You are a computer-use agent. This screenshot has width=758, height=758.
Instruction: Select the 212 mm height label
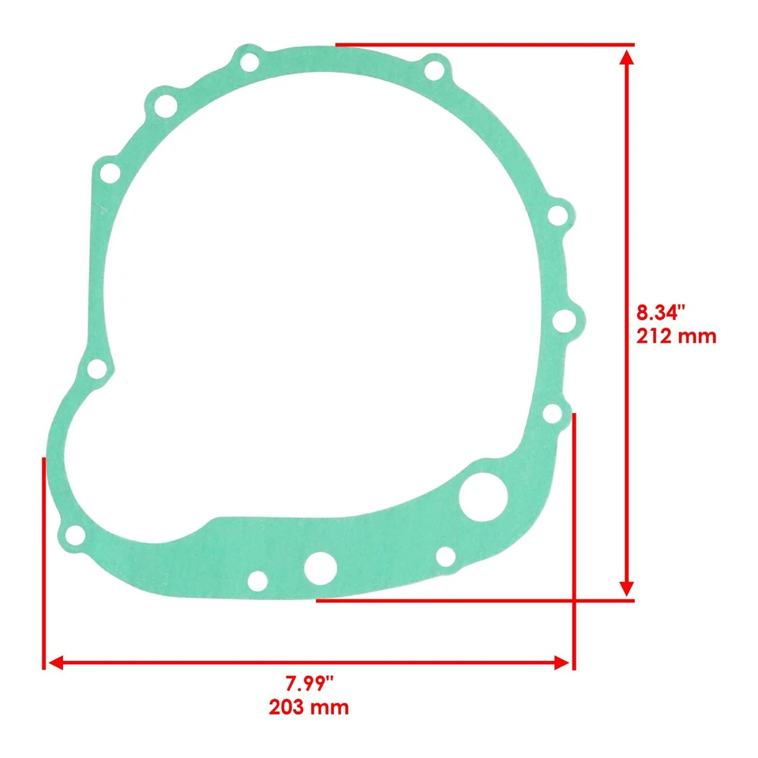click(x=676, y=336)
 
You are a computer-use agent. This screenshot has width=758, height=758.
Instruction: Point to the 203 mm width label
click(x=308, y=706)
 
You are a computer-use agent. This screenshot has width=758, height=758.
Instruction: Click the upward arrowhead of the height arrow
click(x=626, y=57)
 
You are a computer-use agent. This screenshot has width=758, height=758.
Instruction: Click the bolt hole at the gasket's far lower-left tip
click(x=75, y=536)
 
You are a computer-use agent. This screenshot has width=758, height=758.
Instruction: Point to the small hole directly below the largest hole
click(x=445, y=557)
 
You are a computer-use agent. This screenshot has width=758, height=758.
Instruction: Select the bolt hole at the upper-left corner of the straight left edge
click(x=109, y=172)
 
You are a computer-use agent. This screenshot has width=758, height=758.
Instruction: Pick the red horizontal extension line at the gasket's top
click(x=485, y=44)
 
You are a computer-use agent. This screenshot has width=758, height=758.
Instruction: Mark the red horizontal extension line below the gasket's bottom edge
click(x=474, y=600)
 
